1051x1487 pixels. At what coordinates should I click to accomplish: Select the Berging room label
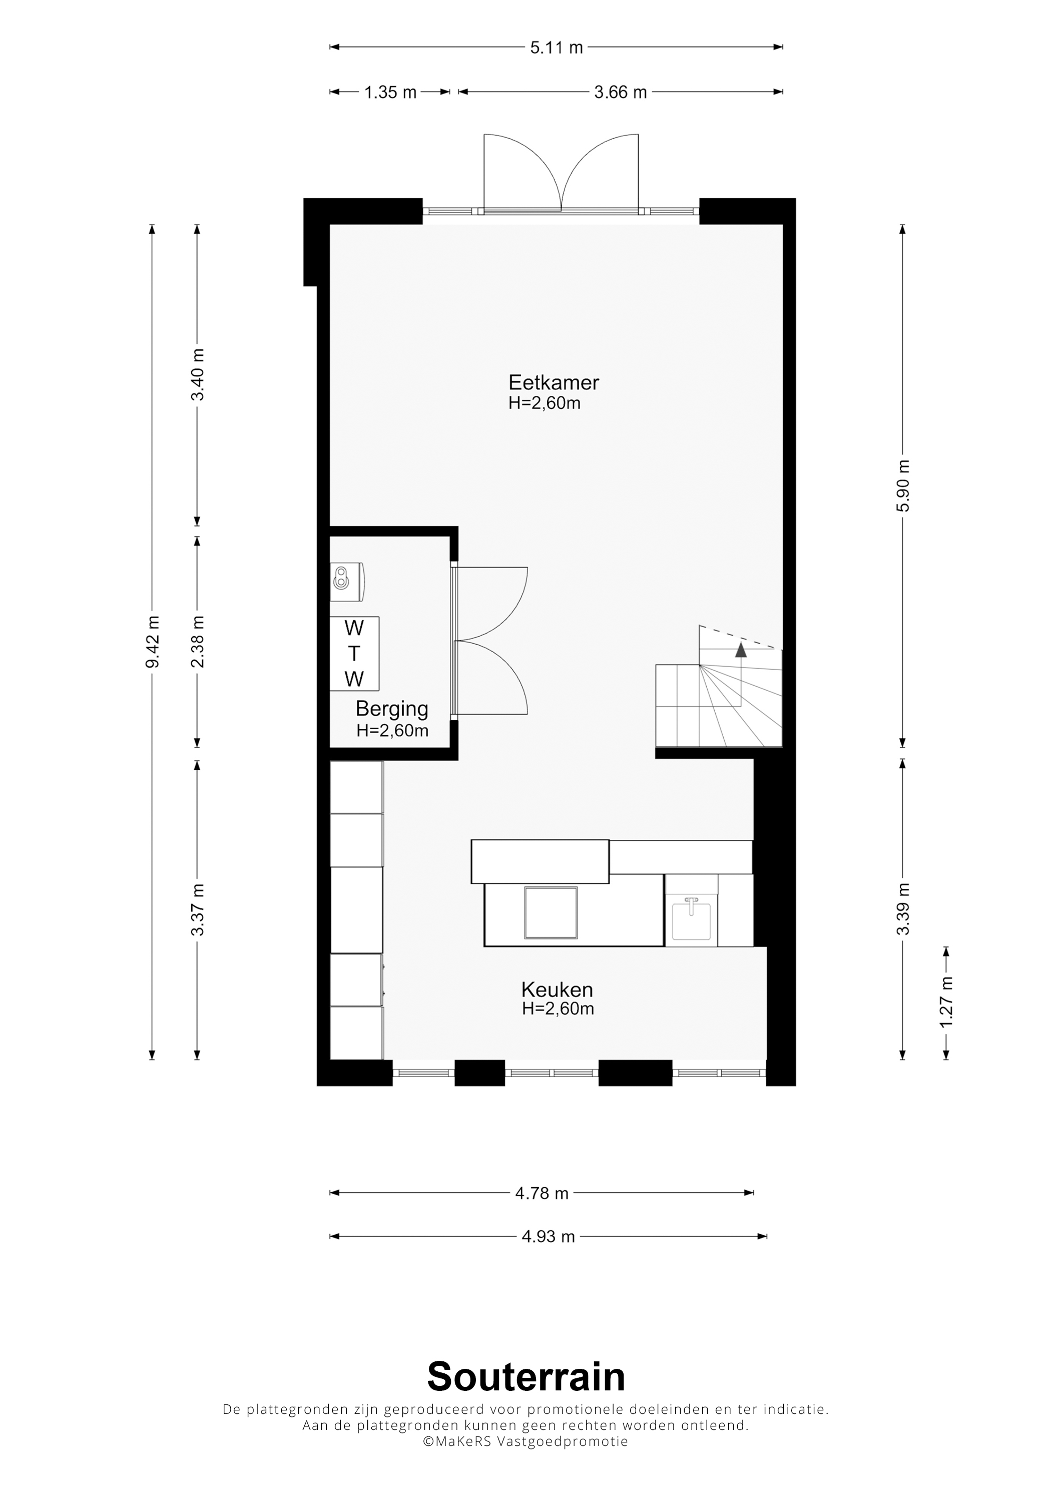(392, 709)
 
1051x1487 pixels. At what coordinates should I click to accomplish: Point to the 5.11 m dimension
(557, 47)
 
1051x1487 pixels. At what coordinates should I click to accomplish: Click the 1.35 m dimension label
(390, 92)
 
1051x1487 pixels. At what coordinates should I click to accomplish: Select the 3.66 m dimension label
(621, 92)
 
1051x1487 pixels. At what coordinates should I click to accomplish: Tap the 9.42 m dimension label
(153, 642)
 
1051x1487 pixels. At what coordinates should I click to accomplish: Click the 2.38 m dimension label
(198, 642)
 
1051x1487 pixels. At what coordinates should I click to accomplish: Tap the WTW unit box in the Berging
(354, 654)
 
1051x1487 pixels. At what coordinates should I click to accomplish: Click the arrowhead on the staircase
(741, 650)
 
